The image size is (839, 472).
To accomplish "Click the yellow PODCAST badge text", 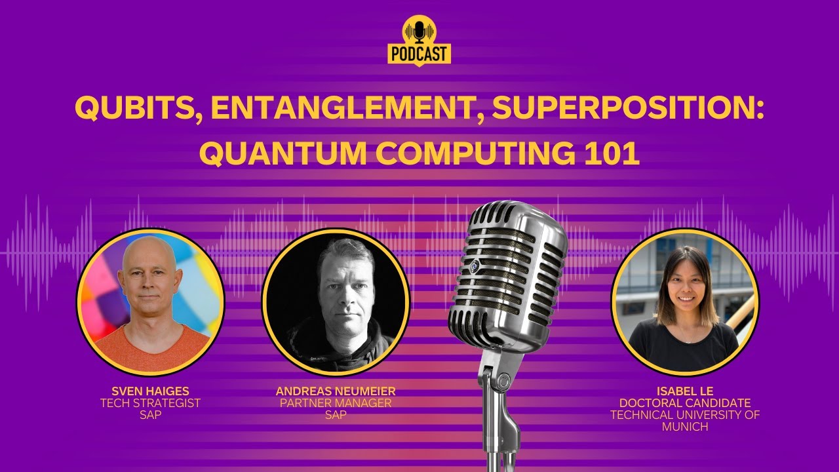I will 419,54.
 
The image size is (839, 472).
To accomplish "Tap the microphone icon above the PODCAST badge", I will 419,30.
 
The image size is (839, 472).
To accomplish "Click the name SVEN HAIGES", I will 150,392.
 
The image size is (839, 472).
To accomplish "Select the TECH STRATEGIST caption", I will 150,403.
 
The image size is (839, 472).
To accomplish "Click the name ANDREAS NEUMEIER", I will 336,392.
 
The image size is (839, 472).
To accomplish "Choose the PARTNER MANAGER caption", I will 336,403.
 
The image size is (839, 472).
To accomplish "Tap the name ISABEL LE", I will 685,392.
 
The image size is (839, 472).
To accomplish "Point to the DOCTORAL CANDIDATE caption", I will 685,403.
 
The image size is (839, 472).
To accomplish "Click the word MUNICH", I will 685,427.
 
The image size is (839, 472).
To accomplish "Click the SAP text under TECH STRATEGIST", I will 150,415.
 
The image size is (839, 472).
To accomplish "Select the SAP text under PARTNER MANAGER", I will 336,415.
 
